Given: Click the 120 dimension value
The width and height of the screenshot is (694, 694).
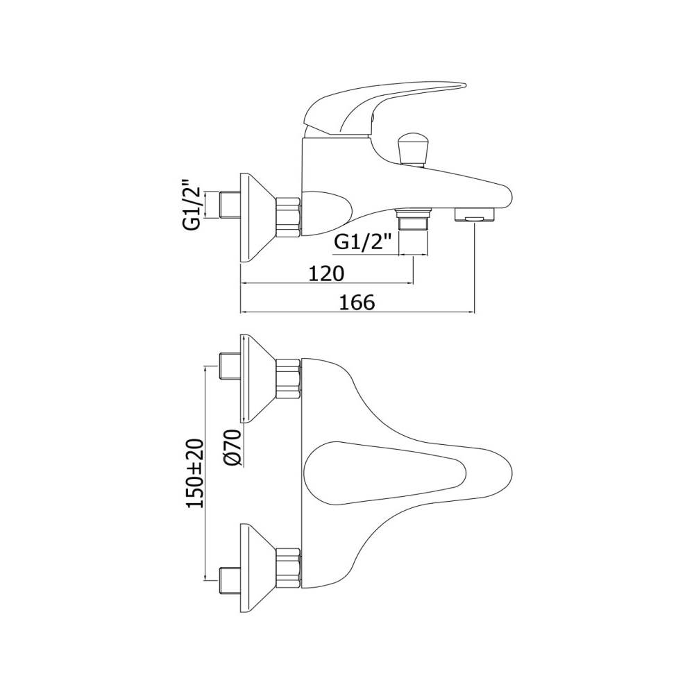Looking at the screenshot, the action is tap(325, 273).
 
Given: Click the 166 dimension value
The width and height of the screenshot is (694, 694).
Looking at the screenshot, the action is tap(357, 303).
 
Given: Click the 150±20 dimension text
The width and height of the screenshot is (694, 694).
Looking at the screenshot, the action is tap(195, 473).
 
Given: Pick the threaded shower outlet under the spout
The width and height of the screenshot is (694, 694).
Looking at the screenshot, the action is tap(413, 220).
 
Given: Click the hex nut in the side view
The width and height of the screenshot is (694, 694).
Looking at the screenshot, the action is tap(289, 217).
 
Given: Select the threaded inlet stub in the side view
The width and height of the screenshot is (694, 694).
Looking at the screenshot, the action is tap(230, 205).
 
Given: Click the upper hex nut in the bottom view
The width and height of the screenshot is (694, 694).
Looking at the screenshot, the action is tap(289, 378).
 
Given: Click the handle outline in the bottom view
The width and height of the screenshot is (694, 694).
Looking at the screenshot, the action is tap(385, 473).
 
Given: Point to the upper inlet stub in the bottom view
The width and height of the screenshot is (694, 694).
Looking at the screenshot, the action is tap(230, 366).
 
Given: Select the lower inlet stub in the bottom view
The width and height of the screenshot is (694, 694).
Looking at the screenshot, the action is tap(230, 579).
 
